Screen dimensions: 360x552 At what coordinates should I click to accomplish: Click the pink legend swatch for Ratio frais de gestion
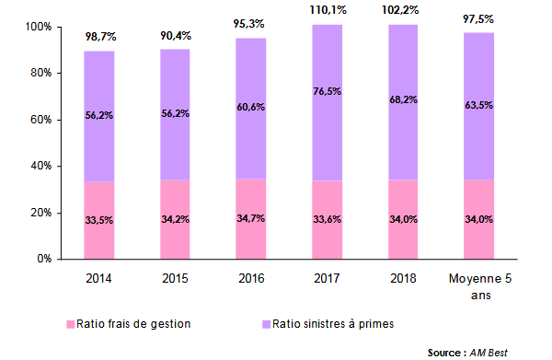(70, 325)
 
